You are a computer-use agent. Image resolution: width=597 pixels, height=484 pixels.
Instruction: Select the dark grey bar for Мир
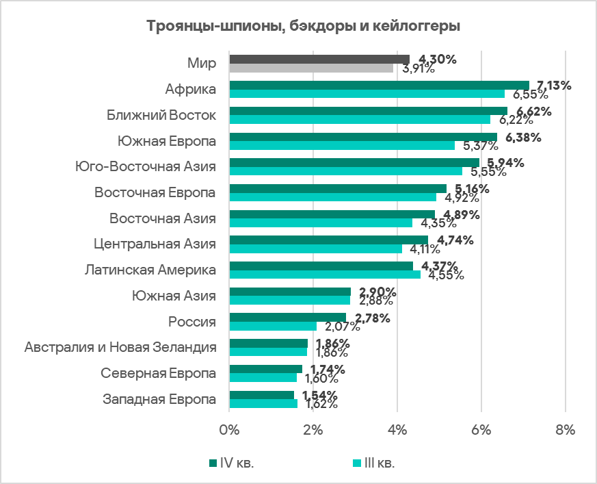(319, 59)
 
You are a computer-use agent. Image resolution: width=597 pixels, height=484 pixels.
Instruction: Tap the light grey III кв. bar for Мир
(311, 68)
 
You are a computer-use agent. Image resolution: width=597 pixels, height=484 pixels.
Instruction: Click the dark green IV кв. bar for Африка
(379, 85)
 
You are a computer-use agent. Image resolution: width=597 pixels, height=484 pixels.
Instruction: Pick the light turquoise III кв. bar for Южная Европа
(342, 145)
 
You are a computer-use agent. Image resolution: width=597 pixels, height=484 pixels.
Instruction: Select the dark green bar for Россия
(288, 318)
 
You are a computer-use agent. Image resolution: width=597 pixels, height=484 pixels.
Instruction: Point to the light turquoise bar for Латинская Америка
(325, 275)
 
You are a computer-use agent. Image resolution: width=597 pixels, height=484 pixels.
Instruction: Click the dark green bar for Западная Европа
(261, 395)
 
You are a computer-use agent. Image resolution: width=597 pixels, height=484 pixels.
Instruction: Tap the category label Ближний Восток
(161, 115)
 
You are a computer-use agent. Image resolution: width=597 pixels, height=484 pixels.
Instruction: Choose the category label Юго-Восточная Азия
(145, 166)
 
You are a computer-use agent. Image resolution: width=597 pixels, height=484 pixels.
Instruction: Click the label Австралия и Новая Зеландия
(120, 348)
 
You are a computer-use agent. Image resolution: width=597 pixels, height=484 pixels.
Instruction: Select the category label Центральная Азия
(155, 244)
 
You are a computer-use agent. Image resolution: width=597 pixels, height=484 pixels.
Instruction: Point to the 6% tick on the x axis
(481, 431)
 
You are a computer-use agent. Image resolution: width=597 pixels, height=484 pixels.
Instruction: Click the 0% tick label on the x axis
(229, 431)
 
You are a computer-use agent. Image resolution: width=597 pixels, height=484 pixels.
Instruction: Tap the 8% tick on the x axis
(566, 431)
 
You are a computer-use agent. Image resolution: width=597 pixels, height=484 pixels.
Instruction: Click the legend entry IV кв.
(237, 463)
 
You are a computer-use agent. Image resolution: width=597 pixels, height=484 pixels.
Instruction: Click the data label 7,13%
(554, 86)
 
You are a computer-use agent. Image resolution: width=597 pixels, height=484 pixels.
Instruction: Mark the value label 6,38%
(523, 138)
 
